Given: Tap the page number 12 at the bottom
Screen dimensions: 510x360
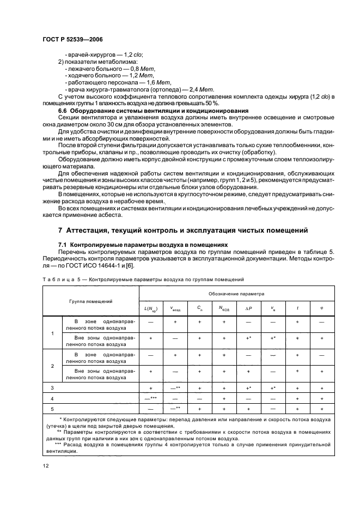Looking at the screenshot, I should click(45, 465).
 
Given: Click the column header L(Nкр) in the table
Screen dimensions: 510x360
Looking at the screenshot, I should click(150, 308).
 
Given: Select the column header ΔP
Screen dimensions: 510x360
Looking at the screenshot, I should click(248, 308).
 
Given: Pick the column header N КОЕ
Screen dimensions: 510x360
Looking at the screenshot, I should click(223, 308).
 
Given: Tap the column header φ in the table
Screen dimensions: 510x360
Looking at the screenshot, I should click(322, 308).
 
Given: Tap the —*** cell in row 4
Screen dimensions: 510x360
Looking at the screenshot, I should click(150, 398).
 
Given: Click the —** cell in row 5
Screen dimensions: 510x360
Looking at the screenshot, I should click(175, 408).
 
